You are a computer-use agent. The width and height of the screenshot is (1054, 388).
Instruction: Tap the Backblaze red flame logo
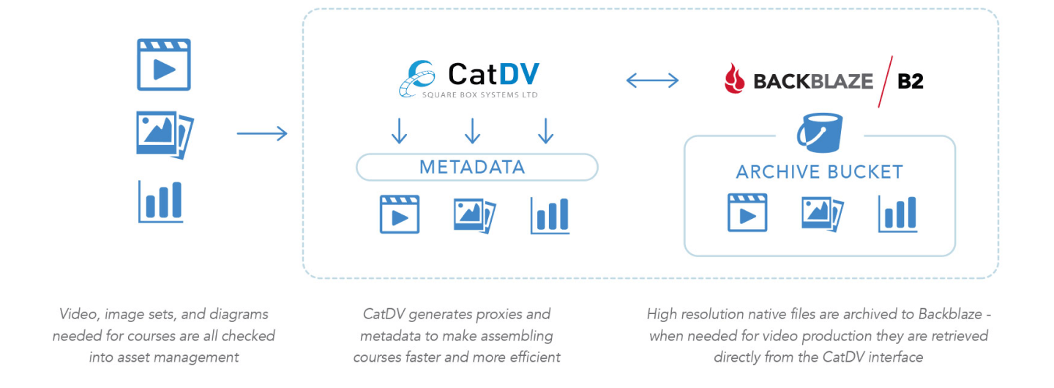734,79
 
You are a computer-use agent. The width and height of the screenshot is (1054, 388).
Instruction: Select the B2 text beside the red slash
910,81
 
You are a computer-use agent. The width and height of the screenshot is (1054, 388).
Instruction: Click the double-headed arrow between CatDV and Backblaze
652,80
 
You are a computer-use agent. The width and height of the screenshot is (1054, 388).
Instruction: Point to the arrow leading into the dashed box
262,133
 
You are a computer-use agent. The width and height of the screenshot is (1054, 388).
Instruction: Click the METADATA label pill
476,167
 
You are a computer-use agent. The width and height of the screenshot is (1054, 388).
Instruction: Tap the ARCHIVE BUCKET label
819,173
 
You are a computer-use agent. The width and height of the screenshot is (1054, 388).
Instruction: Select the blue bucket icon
820,133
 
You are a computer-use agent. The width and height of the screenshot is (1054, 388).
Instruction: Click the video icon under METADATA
399,214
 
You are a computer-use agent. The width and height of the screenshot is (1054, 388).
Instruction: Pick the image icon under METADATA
474,214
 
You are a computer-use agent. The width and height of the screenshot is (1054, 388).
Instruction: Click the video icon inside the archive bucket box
747,212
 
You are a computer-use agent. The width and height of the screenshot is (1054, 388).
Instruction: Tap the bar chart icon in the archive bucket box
897,213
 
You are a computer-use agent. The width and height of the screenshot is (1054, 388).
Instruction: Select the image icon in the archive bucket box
822,212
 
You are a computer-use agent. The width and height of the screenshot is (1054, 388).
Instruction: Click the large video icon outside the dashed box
164,65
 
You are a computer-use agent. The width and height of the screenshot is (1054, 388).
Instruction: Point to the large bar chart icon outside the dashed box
161,202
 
